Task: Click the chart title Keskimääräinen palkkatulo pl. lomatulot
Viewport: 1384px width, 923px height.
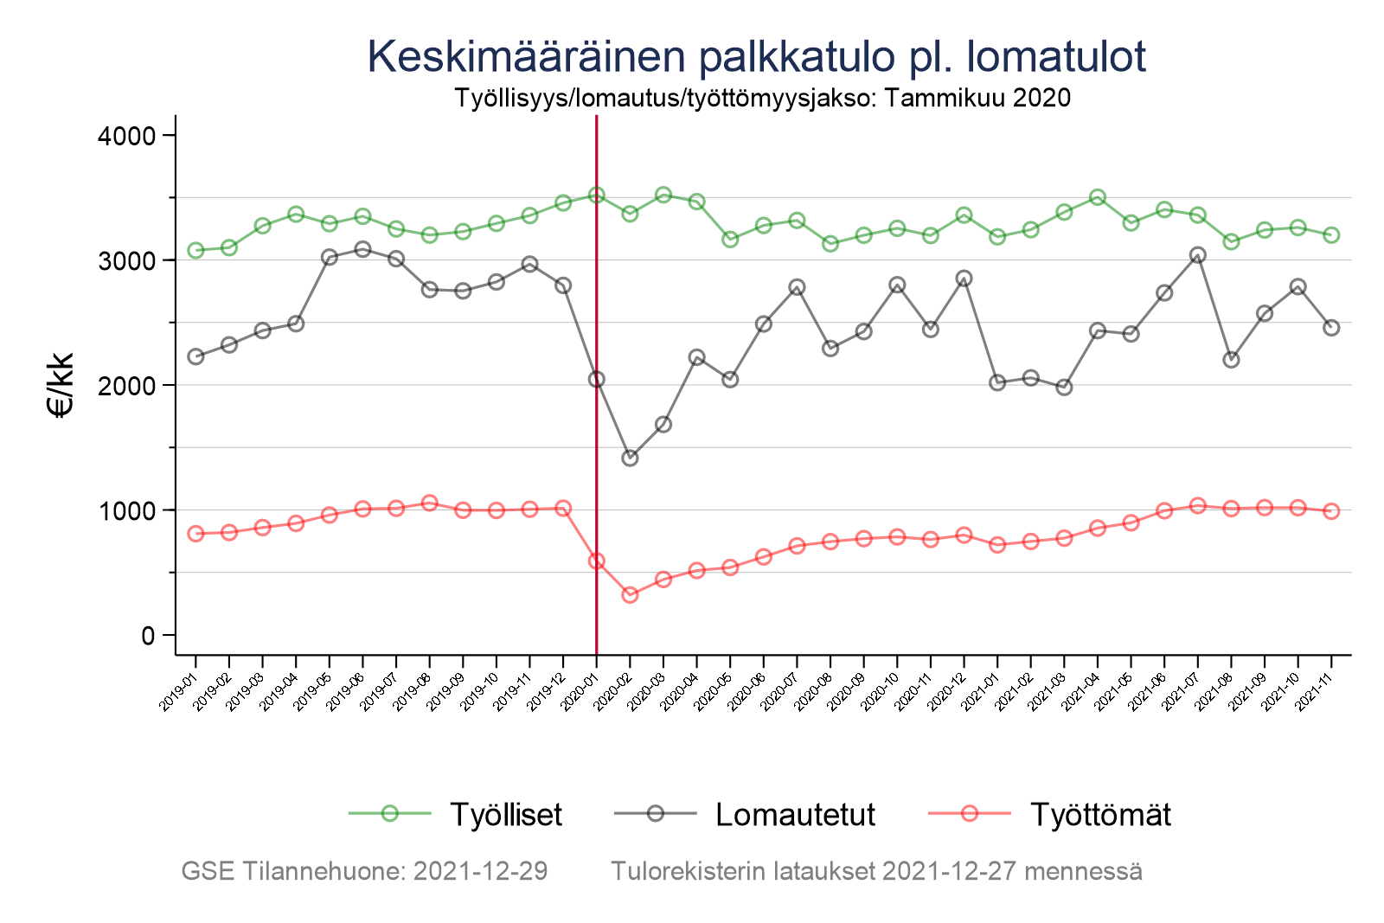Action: pyautogui.click(x=756, y=57)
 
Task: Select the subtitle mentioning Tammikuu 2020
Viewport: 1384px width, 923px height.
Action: pyautogui.click(x=762, y=98)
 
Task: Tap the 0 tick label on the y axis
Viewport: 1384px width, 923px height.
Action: pyautogui.click(x=147, y=635)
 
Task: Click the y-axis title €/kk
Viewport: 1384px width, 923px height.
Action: pyautogui.click(x=61, y=385)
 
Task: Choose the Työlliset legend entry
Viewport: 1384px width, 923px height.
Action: pyautogui.click(x=505, y=815)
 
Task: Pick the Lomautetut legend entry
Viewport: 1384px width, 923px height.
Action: pyautogui.click(x=795, y=815)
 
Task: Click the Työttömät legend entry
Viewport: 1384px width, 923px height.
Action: pyautogui.click(x=1099, y=815)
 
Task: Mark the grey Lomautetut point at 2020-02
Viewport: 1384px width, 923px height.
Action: pyautogui.click(x=630, y=458)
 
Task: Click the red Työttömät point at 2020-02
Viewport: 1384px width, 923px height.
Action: pyautogui.click(x=630, y=594)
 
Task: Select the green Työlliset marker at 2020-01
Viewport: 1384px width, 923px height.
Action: pyautogui.click(x=596, y=195)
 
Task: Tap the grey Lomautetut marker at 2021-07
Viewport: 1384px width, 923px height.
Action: pyautogui.click(x=1197, y=255)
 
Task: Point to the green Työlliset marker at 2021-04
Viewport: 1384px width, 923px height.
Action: pyautogui.click(x=1098, y=197)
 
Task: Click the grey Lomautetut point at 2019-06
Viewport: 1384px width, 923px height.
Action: pyautogui.click(x=362, y=249)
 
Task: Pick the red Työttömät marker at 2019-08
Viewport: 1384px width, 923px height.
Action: pyautogui.click(x=429, y=503)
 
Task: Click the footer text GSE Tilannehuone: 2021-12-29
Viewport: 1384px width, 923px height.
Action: pyautogui.click(x=364, y=871)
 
